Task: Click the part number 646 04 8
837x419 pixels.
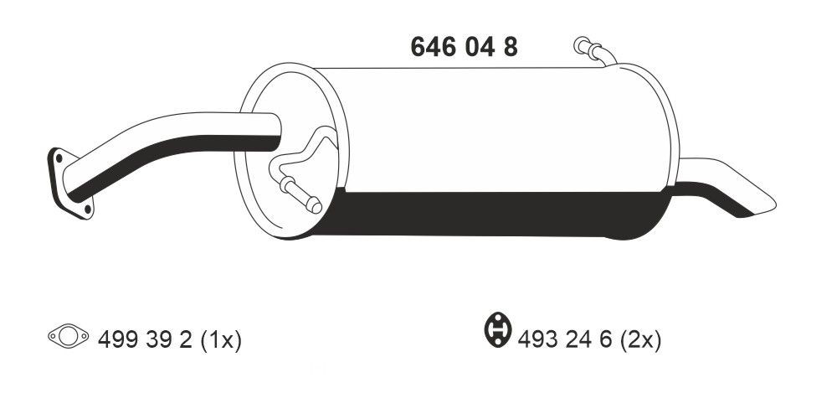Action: pos(464,47)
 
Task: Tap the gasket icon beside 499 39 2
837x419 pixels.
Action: pos(69,336)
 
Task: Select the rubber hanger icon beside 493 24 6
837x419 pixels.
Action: pos(498,328)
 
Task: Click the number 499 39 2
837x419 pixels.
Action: pos(145,340)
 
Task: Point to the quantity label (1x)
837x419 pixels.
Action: pos(221,340)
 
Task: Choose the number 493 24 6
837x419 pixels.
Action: pos(565,340)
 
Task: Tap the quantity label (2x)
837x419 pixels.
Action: pos(640,340)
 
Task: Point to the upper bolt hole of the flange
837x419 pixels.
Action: pos(59,158)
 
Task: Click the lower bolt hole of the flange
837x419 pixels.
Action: pos(85,209)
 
